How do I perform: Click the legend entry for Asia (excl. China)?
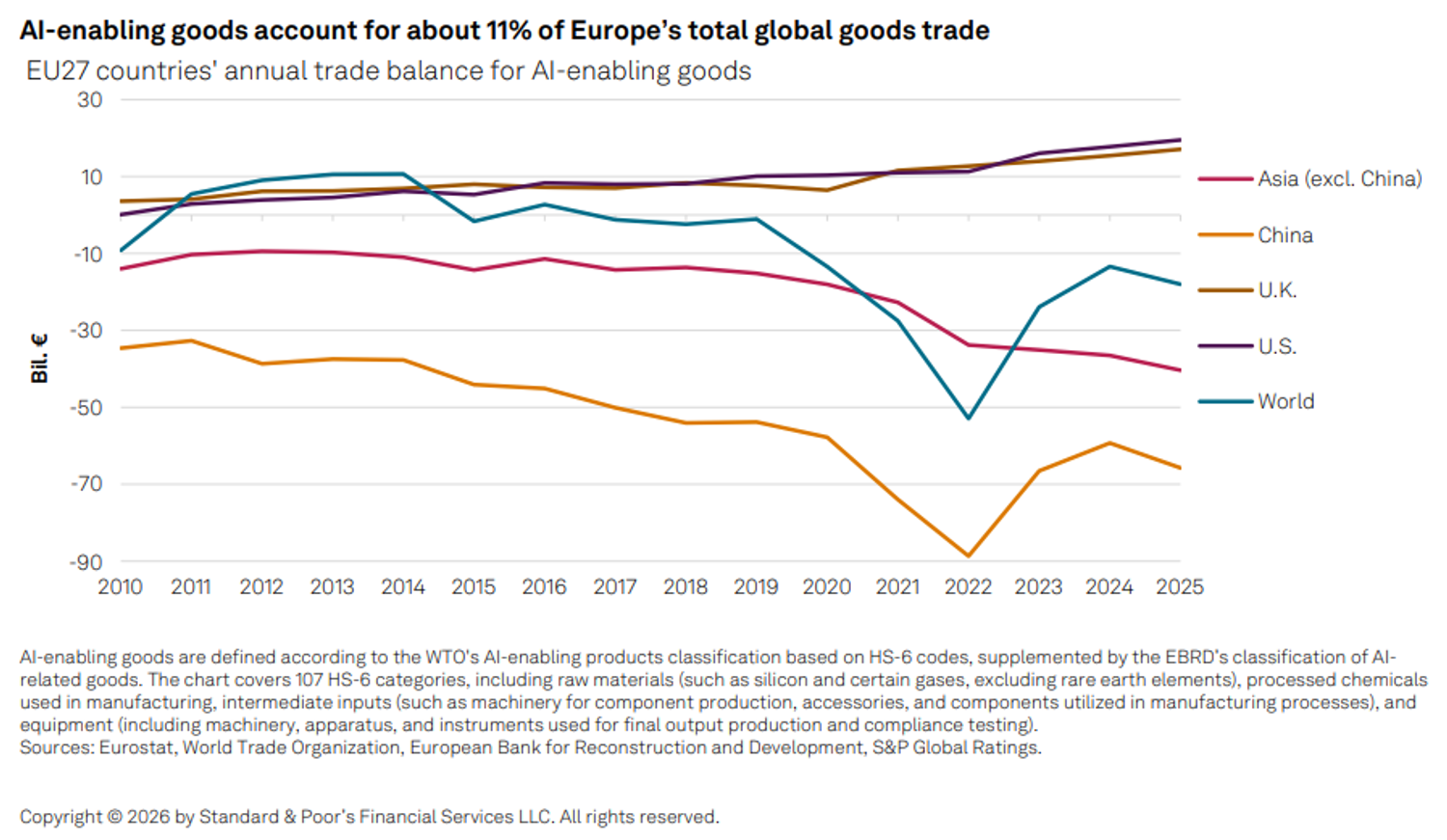[1310, 178]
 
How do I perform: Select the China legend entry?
[1256, 235]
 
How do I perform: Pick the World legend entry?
[1256, 401]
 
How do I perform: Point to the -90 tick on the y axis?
[86, 562]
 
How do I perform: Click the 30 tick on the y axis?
[90, 100]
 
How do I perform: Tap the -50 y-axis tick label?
[86, 407]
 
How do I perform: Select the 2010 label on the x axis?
[121, 587]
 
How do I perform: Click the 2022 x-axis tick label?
[969, 587]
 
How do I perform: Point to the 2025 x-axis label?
[1180, 587]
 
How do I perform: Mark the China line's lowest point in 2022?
[969, 555]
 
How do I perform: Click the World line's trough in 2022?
[969, 419]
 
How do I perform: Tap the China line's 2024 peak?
[1109, 443]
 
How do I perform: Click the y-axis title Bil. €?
[40, 359]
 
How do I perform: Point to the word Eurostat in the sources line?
[136, 747]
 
